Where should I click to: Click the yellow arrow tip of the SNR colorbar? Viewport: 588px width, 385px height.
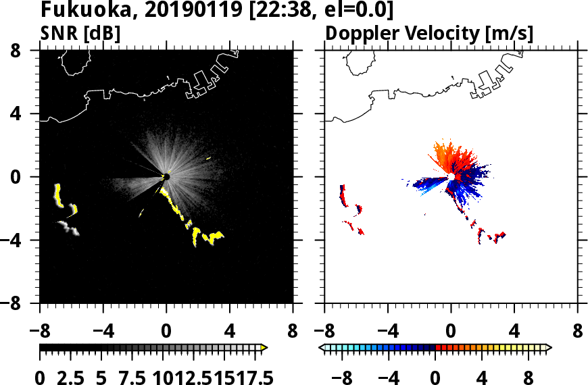pos(264,348)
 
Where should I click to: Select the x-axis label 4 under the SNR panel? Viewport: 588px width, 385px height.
pos(229,332)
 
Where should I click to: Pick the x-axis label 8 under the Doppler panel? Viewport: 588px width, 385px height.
pos(578,332)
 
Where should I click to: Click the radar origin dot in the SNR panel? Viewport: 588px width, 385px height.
pos(166,177)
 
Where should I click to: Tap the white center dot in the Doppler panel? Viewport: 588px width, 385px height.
pos(451,177)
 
